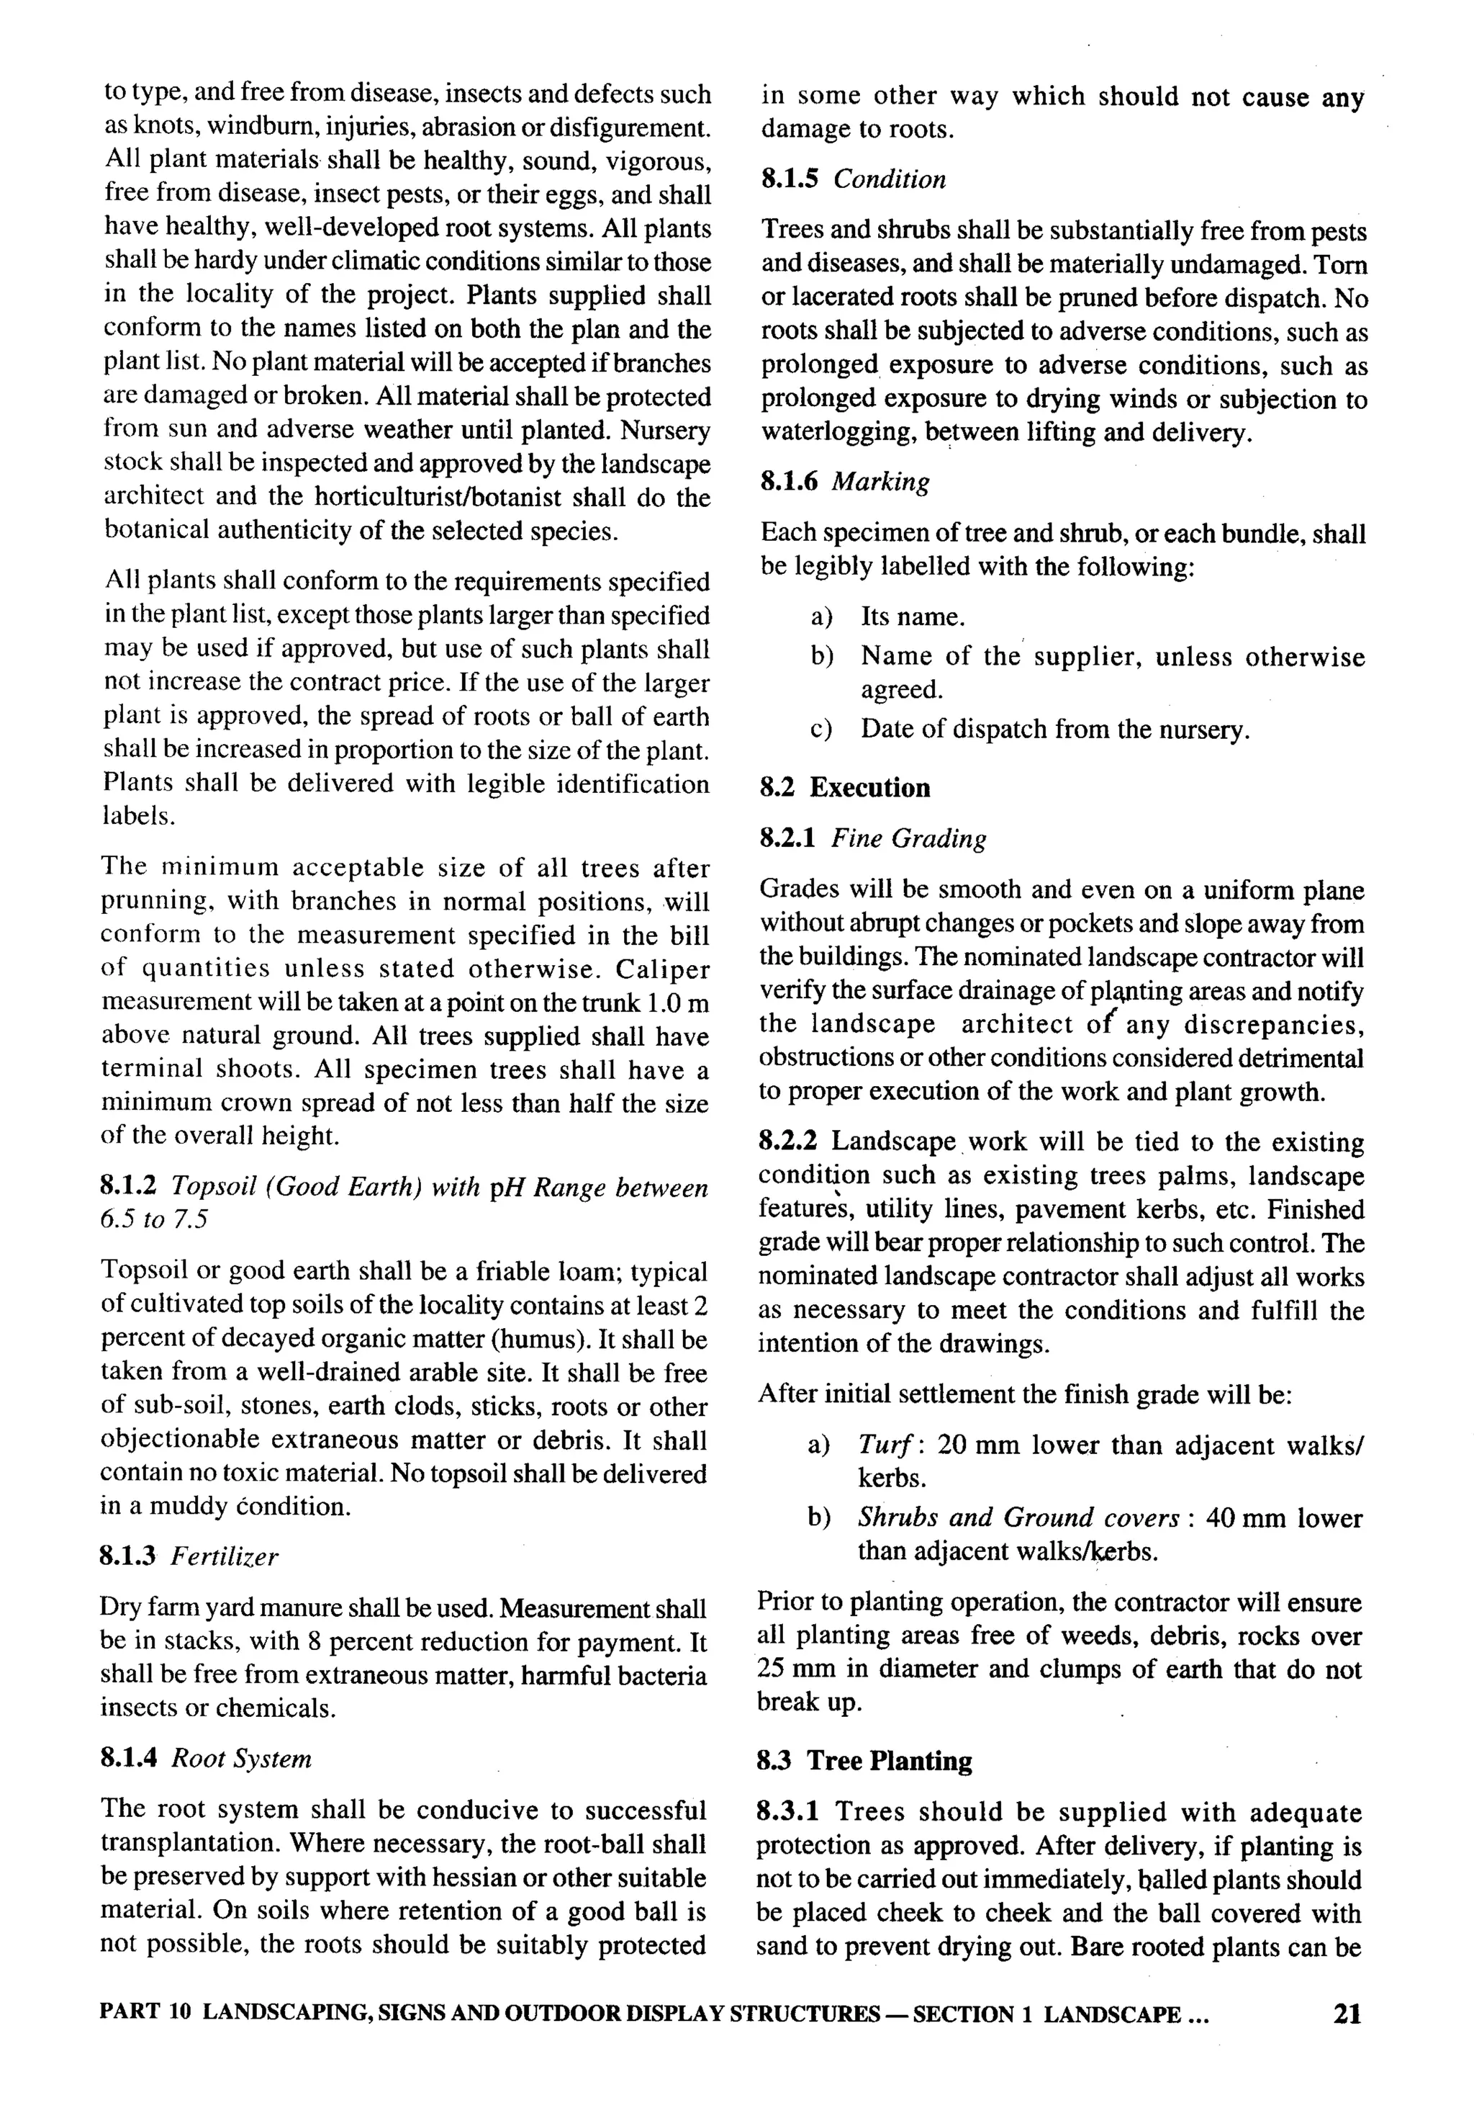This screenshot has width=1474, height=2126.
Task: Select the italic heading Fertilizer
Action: click(x=225, y=1557)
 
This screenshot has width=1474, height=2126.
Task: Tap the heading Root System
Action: click(x=242, y=1758)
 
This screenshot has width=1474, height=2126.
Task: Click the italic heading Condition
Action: click(x=890, y=179)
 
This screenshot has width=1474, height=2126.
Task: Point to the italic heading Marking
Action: click(x=880, y=483)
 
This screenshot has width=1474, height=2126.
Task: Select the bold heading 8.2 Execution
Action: click(x=844, y=788)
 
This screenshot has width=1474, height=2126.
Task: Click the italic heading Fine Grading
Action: click(x=909, y=839)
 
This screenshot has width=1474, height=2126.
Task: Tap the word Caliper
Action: click(x=663, y=969)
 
